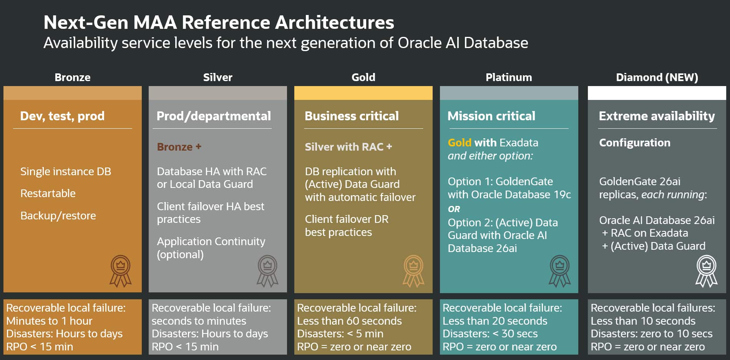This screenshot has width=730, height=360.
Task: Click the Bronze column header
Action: point(73,77)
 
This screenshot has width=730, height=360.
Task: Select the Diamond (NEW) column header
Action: point(657,77)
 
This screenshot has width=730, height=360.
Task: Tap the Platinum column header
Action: point(509,77)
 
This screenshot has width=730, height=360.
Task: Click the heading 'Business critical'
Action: point(352,116)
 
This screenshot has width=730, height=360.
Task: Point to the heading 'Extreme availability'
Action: point(657,116)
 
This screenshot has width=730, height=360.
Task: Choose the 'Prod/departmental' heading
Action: point(214,116)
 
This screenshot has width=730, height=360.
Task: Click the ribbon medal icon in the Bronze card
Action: point(121,271)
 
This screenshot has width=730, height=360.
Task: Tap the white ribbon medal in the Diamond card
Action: point(706,271)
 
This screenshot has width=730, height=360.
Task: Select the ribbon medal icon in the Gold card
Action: point(413,271)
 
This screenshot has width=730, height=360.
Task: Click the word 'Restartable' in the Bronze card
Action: point(48,193)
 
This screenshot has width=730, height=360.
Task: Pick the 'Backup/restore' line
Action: point(58,216)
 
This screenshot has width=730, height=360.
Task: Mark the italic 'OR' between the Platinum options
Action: point(454,209)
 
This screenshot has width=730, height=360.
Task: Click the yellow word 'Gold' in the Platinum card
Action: point(460,143)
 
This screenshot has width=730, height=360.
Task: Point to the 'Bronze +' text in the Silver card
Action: point(179,147)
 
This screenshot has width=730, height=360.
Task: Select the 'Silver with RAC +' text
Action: point(348,147)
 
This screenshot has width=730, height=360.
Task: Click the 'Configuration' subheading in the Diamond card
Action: point(634,143)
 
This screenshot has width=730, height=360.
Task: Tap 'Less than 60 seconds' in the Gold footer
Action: point(349,321)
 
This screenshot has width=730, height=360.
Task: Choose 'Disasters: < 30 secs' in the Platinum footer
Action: point(490,333)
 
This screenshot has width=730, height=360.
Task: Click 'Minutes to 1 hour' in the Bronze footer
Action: point(49,321)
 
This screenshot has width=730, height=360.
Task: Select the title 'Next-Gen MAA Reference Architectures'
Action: point(219,22)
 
